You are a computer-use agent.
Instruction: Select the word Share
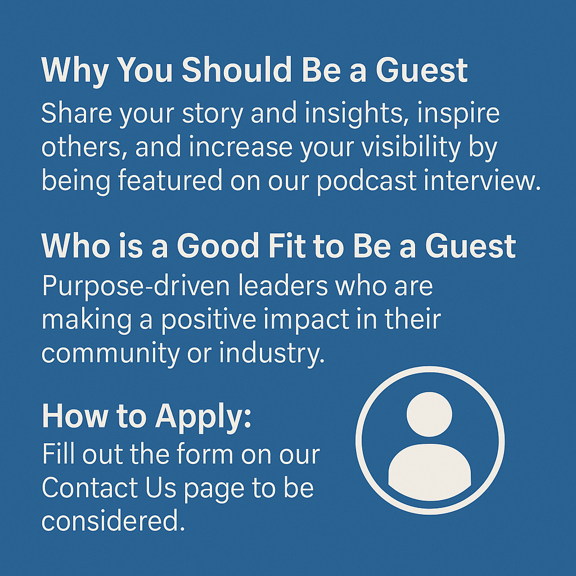[76, 112]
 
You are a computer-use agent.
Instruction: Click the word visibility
[411, 147]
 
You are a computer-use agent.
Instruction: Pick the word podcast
[367, 181]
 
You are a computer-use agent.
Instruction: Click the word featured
[170, 180]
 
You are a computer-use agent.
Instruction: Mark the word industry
[272, 354]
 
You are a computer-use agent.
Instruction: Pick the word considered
[113, 520]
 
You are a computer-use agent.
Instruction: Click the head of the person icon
[429, 414]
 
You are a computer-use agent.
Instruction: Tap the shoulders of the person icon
[430, 472]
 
